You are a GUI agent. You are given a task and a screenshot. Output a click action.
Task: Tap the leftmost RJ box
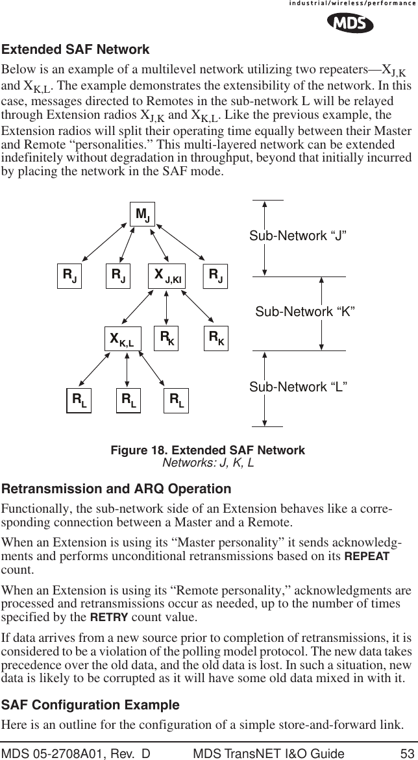pos(69,276)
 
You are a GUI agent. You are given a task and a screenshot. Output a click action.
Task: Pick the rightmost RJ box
pos(215,276)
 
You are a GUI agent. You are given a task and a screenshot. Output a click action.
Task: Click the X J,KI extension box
pos(167,276)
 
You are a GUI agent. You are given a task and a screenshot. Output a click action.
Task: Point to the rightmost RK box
pos(215,338)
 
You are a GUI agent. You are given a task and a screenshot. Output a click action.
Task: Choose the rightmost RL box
pos(176,400)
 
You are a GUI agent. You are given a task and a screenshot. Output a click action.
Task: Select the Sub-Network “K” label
pos(304,312)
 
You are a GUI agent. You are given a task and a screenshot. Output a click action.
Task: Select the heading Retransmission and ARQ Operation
pos(116,489)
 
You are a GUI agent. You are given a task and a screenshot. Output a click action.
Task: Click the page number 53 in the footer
pos(407,753)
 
